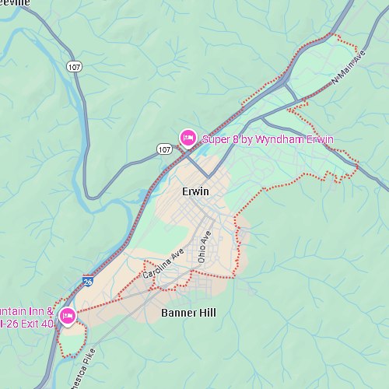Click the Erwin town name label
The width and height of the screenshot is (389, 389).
[x=195, y=191]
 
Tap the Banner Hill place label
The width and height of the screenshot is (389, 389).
[x=188, y=313]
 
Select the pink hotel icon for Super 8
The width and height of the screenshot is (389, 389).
[x=187, y=138]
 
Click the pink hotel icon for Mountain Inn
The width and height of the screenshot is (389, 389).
[x=68, y=316]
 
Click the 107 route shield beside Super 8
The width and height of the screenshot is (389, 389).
[x=164, y=148]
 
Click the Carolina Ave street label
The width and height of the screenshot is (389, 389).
[x=162, y=264]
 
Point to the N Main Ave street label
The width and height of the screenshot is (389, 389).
[x=348, y=68]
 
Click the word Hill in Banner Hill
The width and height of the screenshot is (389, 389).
[x=207, y=313]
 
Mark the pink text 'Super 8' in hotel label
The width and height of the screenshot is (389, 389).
[x=219, y=140]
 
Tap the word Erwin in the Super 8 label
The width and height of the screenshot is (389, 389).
[x=319, y=140]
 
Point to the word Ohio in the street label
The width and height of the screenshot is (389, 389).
[x=202, y=251]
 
